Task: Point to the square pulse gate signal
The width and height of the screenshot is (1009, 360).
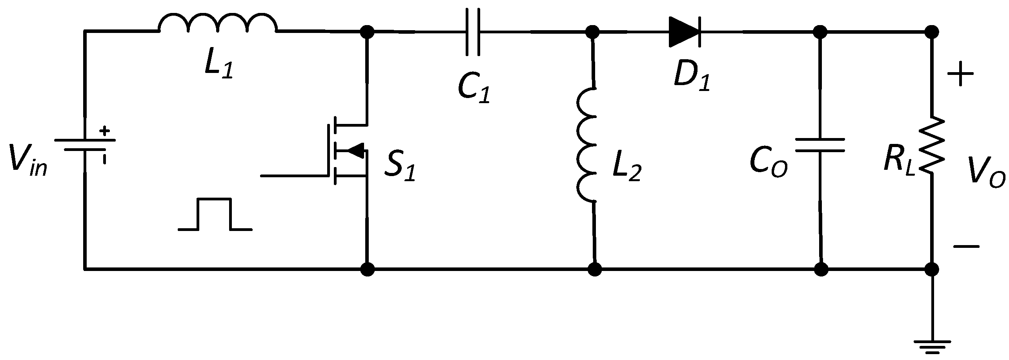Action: [x=215, y=215]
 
